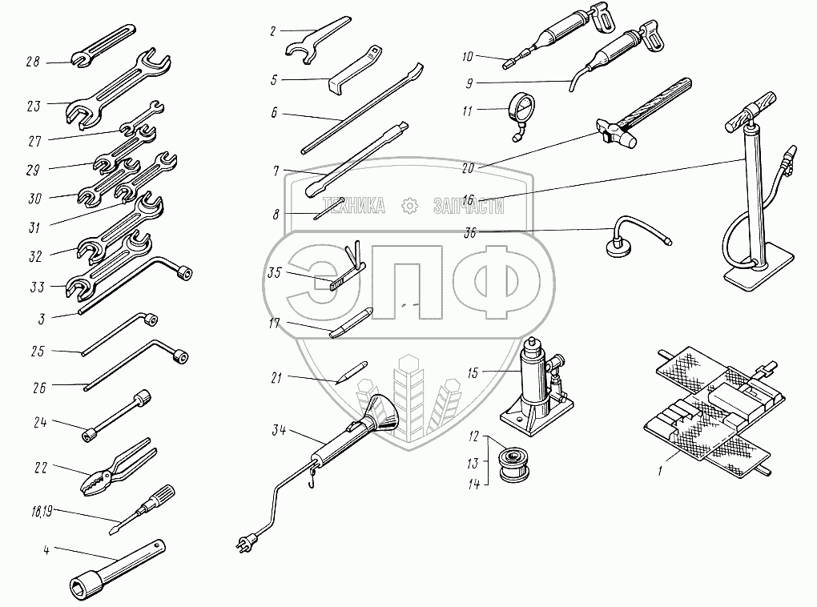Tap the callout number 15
[473, 373]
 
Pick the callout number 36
[472, 233]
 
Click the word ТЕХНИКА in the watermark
[352, 206]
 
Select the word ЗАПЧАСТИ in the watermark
[469, 206]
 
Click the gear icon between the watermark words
[410, 206]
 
